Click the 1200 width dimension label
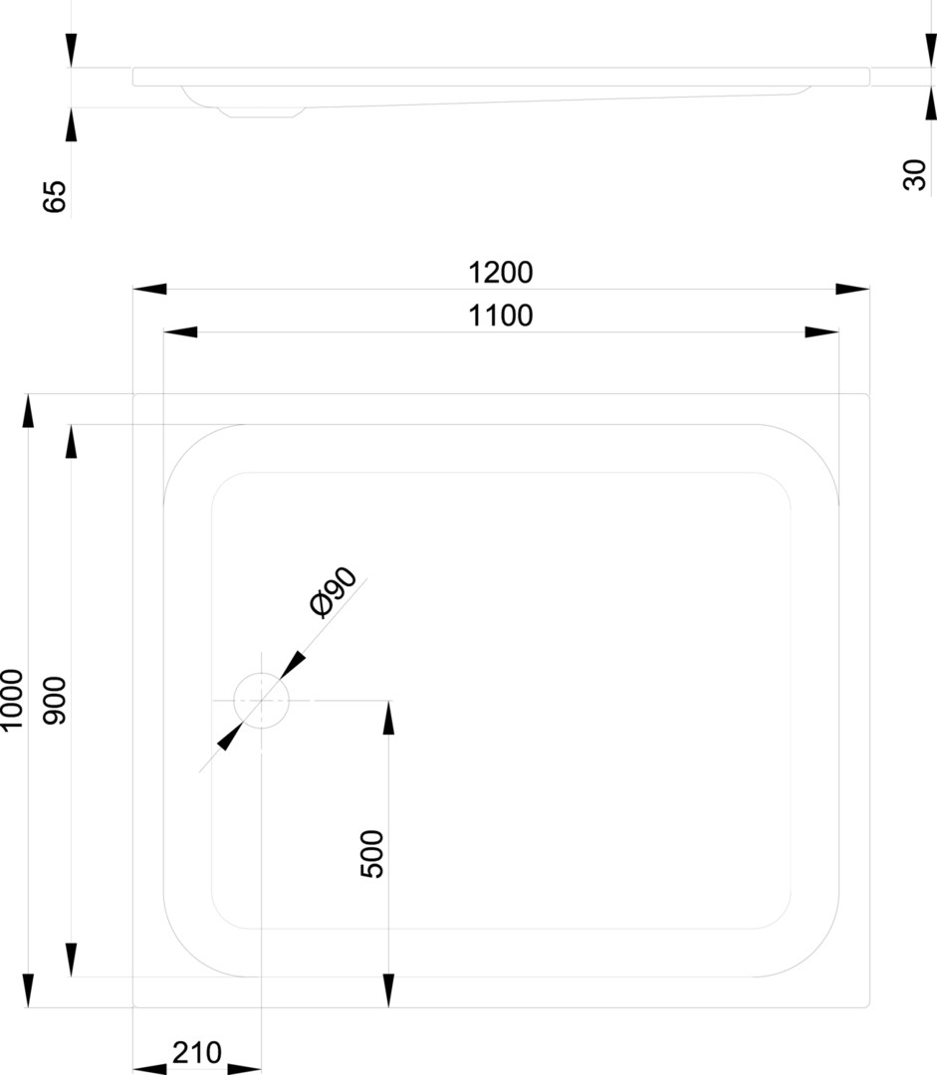[501, 272]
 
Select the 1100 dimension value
[501, 316]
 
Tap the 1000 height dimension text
[12, 700]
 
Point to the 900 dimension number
[55, 700]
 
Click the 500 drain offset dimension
[371, 853]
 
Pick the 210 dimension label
[197, 1051]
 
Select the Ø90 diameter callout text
[334, 594]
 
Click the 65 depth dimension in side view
[55, 196]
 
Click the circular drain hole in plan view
[261, 701]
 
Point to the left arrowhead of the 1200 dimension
[150, 289]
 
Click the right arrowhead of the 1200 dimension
[852, 289]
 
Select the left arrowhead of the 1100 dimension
[180, 331]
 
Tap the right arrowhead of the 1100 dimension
[821, 331]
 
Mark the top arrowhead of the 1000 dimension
[29, 410]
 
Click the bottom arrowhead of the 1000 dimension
[29, 990]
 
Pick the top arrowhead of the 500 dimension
[388, 718]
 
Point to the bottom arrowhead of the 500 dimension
[388, 990]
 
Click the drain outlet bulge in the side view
[261, 108]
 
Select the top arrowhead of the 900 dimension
[72, 441]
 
